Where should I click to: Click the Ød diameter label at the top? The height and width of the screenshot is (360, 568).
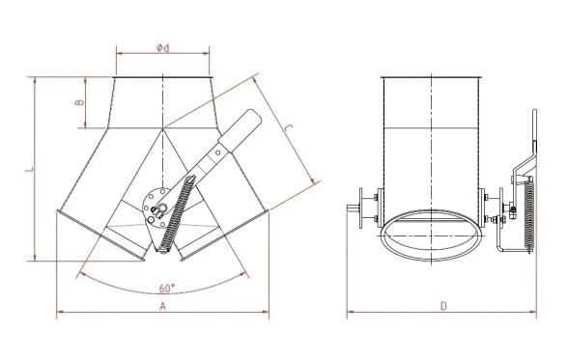pos(161,48)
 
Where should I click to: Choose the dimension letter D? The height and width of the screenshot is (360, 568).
pos(441,306)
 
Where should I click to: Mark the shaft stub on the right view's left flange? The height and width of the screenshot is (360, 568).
pos(351,208)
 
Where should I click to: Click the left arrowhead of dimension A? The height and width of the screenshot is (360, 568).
pos(60,313)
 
